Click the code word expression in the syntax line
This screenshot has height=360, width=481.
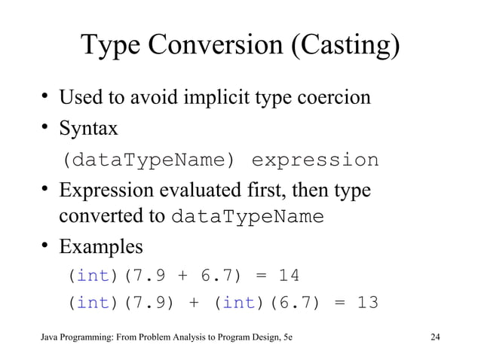(314, 160)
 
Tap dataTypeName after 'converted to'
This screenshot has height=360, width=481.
(248, 217)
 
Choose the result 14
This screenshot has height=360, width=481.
(289, 276)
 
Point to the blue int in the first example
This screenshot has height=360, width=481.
(93, 276)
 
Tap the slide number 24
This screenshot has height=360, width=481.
(434, 337)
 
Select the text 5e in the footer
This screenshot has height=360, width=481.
(286, 337)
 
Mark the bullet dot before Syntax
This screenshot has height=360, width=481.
(46, 128)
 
